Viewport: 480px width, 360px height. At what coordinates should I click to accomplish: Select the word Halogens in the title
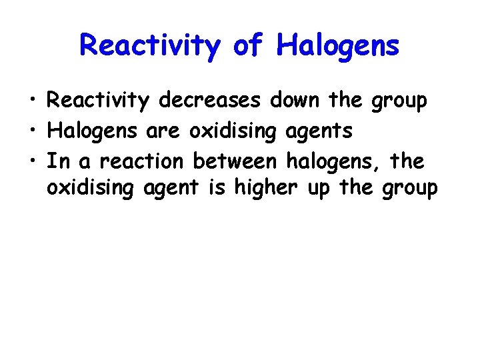click(x=338, y=45)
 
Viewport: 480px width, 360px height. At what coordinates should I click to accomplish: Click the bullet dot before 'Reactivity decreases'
click(x=33, y=101)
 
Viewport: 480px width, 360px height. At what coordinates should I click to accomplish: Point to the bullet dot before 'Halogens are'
click(x=33, y=131)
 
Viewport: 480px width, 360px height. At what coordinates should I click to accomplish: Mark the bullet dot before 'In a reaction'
click(x=33, y=161)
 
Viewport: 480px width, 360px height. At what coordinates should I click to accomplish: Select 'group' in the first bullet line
click(x=399, y=102)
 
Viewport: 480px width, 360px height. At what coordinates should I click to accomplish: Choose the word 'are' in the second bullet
click(x=163, y=131)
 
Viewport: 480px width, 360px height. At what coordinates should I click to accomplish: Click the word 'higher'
click(x=267, y=189)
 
